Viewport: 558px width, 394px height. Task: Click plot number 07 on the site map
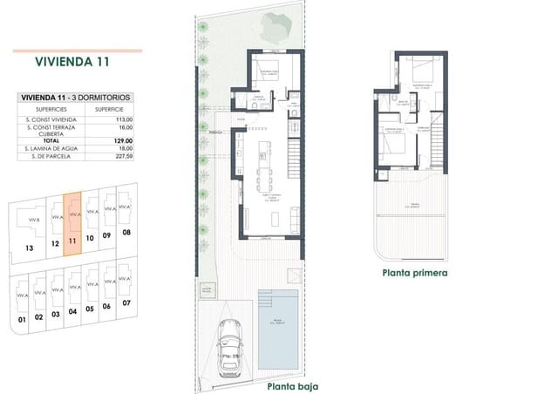click(x=127, y=302)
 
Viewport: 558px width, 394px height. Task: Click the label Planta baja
click(x=292, y=385)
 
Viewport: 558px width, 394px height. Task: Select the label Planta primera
click(x=414, y=272)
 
